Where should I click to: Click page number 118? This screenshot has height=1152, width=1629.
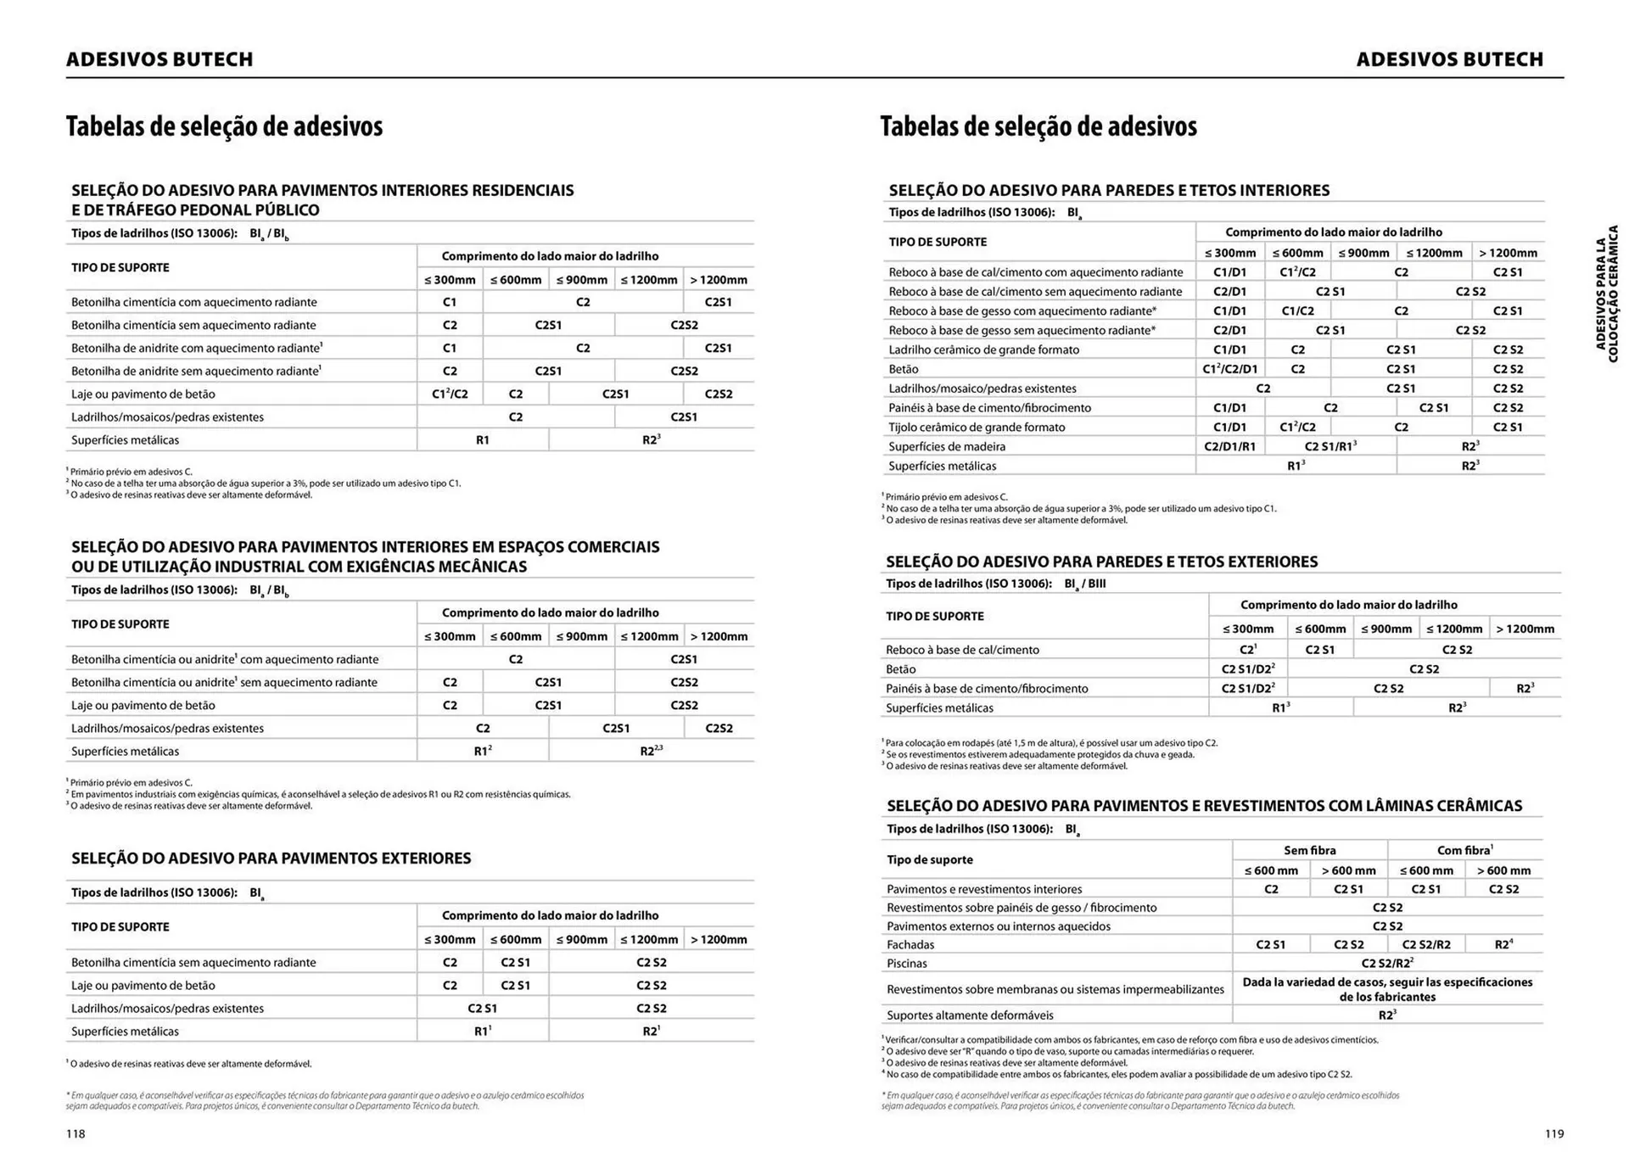[x=76, y=1133]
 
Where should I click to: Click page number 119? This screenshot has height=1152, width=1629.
[x=1553, y=1133]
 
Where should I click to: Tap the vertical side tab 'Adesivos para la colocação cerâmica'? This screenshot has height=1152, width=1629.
[x=1607, y=294]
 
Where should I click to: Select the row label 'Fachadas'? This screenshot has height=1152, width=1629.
[x=910, y=944]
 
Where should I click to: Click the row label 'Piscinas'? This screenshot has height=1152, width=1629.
[x=907, y=963]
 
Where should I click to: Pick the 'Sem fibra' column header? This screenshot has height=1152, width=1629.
[x=1309, y=850]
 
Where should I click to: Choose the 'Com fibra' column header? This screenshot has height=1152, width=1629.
[x=1464, y=850]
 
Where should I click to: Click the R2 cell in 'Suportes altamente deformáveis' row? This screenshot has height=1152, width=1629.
[x=1386, y=1015]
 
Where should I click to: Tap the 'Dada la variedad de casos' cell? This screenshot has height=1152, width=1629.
[x=1387, y=989]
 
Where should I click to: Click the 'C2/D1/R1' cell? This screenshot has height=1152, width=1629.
[x=1229, y=446]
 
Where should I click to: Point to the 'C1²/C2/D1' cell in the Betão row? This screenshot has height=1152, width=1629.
[x=1229, y=369]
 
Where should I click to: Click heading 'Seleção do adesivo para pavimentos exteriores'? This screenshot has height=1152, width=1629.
[x=271, y=858]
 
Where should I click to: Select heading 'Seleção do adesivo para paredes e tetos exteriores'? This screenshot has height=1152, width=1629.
[x=1101, y=562]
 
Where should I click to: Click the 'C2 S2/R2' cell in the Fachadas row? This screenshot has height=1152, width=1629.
[x=1425, y=944]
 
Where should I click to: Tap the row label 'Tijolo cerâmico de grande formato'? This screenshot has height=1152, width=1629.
[x=976, y=427]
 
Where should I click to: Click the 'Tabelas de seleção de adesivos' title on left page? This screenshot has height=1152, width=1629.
[x=224, y=126]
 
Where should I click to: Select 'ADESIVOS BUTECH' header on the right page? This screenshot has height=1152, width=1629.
[x=1449, y=59]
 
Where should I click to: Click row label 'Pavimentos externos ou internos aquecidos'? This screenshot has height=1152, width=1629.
[x=998, y=926]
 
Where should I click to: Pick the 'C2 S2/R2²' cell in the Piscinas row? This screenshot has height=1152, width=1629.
[x=1386, y=963]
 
